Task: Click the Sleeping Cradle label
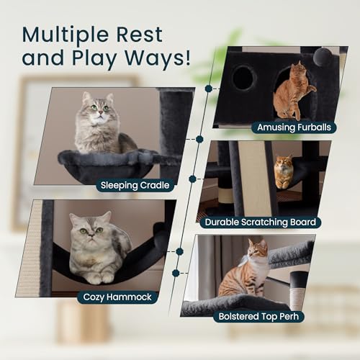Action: tap(136, 185)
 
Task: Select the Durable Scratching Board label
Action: tap(262, 222)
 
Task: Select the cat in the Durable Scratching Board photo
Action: tap(284, 172)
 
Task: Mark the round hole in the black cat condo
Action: tap(243, 78)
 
